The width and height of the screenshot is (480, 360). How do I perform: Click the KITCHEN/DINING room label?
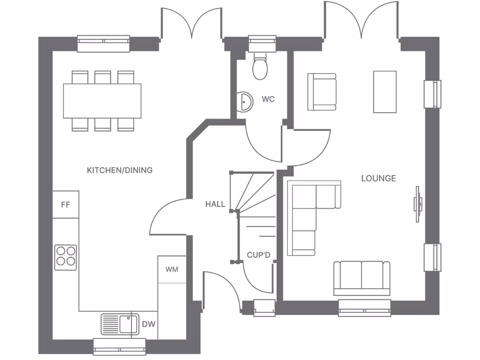pos(120,170)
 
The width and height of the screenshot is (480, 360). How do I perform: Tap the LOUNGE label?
pos(378,178)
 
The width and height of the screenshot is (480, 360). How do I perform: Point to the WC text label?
pos(268,99)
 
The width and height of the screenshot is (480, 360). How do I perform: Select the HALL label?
pos(215,204)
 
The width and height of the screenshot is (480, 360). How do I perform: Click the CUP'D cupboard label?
pos(259,255)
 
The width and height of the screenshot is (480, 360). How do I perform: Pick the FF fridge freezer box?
pos(66,204)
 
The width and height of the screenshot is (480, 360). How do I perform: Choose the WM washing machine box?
pos(172,270)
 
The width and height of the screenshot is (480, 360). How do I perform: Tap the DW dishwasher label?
pos(148,324)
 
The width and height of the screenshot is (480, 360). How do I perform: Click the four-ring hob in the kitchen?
pos(66,257)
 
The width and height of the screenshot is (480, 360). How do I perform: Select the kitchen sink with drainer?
pos(120,324)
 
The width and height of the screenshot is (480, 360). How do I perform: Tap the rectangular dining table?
pos(102,100)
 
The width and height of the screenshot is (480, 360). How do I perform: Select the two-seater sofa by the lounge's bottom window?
pos(361,277)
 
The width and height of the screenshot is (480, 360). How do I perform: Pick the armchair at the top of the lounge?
pos(322,92)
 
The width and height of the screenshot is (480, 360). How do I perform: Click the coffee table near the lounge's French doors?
pos(385,92)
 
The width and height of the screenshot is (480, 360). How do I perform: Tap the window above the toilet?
pos(262,44)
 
